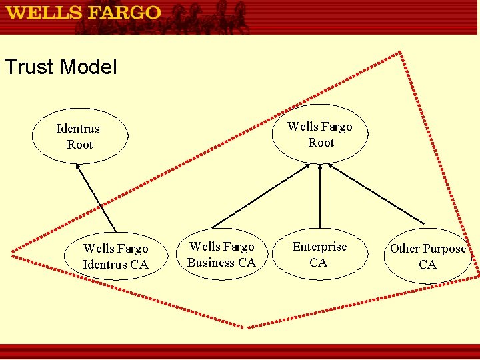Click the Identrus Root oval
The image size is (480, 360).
pos(79,137)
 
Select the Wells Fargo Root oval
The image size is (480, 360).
pos(320,135)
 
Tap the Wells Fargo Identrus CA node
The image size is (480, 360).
pos(115,257)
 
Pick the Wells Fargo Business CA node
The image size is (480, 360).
pos(221,255)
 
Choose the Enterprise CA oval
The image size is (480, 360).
pos(319,255)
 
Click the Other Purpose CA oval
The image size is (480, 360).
pos(427,257)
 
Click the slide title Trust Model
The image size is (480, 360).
pos(61,67)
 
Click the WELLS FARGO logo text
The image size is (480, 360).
pos(84,13)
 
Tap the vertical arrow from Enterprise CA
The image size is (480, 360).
pos(320,197)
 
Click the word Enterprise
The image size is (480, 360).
pos(320,247)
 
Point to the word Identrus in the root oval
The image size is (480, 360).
pos(78,129)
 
